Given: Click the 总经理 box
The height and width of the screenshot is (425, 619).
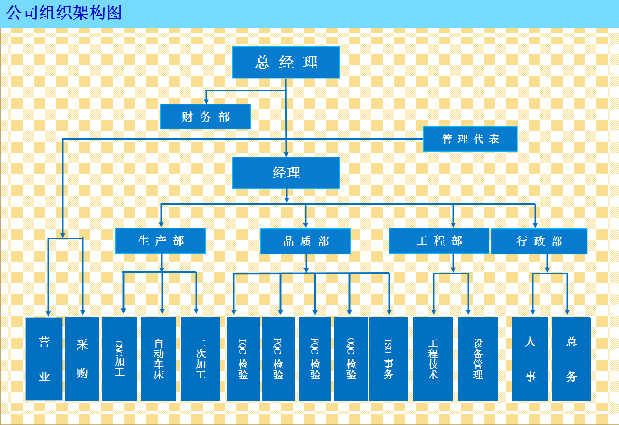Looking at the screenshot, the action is [x=286, y=62].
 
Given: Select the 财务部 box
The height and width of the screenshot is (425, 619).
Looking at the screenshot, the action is [x=205, y=117].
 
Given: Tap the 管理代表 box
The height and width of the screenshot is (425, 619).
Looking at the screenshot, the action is [x=470, y=139].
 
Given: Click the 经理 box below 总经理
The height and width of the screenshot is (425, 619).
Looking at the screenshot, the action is [x=286, y=172].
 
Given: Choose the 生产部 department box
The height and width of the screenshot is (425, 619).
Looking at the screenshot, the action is [x=160, y=241].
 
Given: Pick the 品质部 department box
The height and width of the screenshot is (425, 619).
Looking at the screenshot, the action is [x=305, y=241].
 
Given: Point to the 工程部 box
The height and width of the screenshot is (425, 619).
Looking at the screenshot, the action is [x=439, y=241].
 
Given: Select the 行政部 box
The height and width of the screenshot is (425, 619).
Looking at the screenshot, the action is [x=539, y=241].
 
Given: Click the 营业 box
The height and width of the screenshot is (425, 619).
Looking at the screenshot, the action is [x=44, y=359].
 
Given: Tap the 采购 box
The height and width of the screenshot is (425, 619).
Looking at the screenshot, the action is [x=82, y=359].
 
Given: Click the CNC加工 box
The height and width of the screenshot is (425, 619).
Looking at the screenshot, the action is [x=120, y=359].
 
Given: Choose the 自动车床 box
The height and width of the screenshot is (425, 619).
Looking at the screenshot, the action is [x=159, y=359].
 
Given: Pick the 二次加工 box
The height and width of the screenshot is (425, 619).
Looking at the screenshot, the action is [x=200, y=359].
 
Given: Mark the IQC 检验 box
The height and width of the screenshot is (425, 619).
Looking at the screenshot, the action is [x=243, y=359].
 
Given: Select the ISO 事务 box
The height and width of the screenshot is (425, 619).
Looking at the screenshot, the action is [x=388, y=359].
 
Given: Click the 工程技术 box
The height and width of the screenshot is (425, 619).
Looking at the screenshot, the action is [x=433, y=359].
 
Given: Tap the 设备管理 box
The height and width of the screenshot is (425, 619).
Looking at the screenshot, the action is [x=478, y=359].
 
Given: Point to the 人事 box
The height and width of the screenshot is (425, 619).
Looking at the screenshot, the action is [x=530, y=359].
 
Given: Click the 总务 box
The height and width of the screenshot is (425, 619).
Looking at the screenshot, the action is [x=571, y=359].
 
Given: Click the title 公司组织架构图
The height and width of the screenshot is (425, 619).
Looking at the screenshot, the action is [x=64, y=13].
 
